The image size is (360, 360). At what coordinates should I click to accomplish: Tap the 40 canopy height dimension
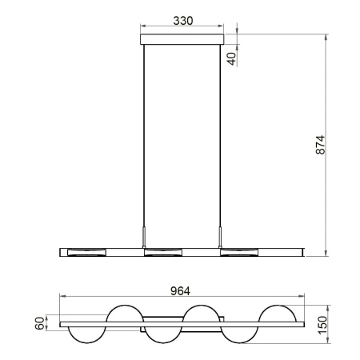pos(232,57)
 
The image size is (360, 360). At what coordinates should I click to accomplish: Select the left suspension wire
pos(144,136)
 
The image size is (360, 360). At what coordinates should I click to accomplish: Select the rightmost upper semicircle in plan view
pos(275,314)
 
